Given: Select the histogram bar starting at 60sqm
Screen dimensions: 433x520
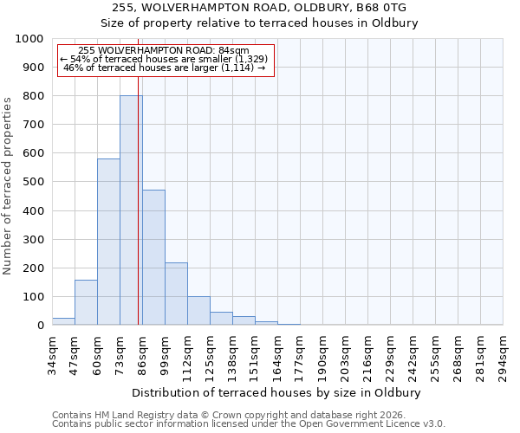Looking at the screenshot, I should pos(108,242).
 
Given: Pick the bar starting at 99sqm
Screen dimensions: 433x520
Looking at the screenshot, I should pos(176,294).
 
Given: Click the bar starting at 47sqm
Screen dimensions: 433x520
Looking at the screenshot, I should pos(86,302).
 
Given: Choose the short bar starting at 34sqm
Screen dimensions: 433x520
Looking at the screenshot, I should pos(63,321).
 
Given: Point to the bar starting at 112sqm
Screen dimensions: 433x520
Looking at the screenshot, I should pos(198,311).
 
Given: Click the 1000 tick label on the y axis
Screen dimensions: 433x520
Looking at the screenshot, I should pos(29,39).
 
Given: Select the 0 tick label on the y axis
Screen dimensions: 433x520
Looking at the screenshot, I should pos(40,326).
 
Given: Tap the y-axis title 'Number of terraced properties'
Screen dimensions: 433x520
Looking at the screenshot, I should pos(8,185).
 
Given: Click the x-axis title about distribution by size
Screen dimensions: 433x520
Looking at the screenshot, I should pos(277,392).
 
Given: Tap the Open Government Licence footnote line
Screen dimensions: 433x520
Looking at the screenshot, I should pos(249,424).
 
